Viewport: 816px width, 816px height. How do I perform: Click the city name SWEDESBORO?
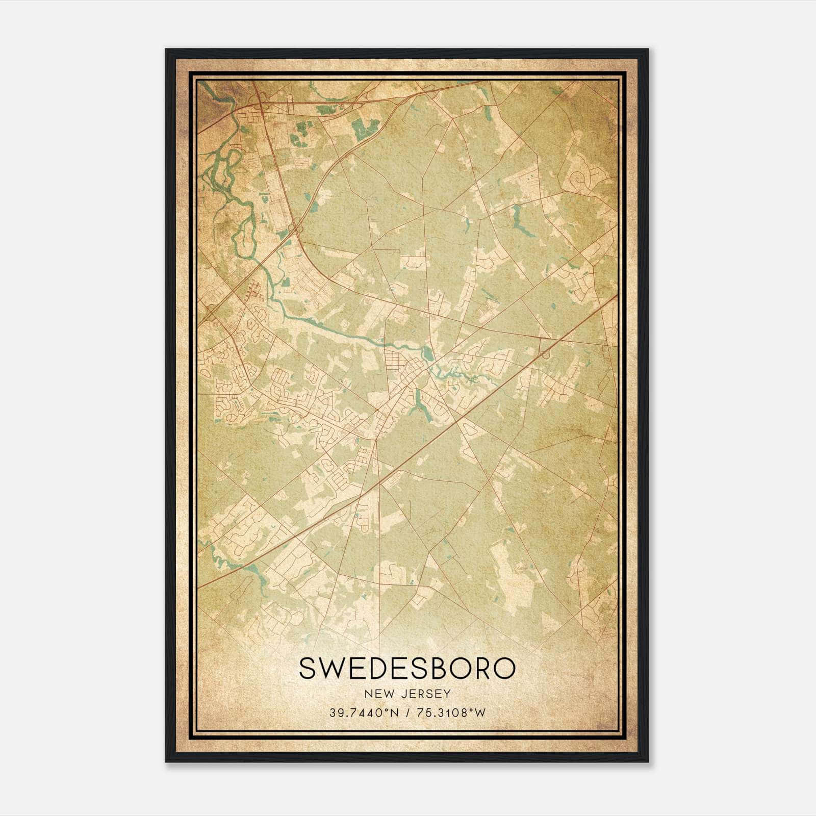(x=407, y=669)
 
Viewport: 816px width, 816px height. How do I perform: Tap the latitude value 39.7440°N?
(x=362, y=713)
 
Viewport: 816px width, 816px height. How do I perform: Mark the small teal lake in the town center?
(x=426, y=351)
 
